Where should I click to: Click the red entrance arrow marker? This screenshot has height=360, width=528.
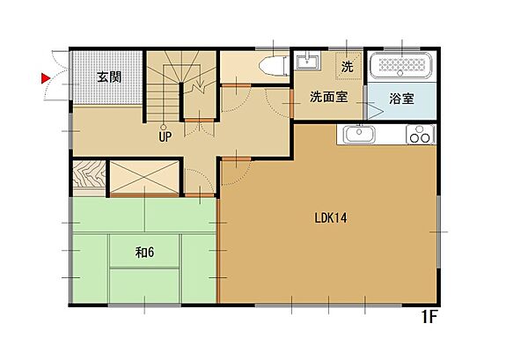coord(46,78)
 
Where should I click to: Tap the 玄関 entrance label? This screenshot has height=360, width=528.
coord(108,77)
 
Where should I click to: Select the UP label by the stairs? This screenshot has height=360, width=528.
coord(165,136)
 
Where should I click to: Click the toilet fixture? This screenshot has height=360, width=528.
coord(275,66)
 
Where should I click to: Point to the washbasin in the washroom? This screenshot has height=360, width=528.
coord(308,62)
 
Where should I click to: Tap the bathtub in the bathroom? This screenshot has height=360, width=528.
coord(400,67)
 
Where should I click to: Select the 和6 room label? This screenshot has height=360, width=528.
coord(145,253)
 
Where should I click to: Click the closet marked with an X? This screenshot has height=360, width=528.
coord(143,176)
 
